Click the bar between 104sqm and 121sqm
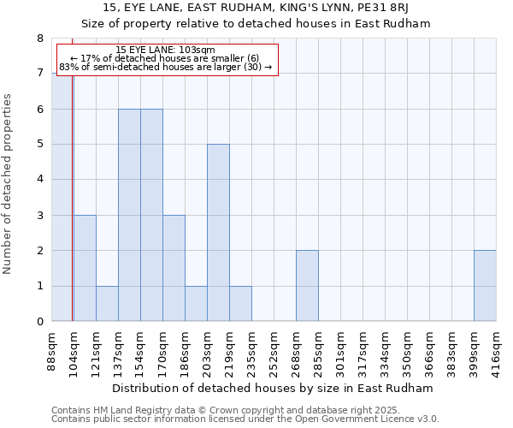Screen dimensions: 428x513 coord(85,268)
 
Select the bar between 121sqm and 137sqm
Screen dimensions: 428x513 coord(107,303)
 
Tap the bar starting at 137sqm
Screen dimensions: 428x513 coord(129,215)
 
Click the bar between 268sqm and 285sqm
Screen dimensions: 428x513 coord(307,286)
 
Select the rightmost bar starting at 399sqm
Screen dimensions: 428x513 coord(485,286)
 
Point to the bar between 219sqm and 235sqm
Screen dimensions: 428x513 coord(240,303)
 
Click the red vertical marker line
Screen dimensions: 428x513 coord(73,197)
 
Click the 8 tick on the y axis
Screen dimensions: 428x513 coord(39,39)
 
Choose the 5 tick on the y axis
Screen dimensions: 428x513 coord(39,145)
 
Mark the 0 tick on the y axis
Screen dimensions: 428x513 coord(39,322)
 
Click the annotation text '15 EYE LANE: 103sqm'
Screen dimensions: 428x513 coord(166,51)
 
